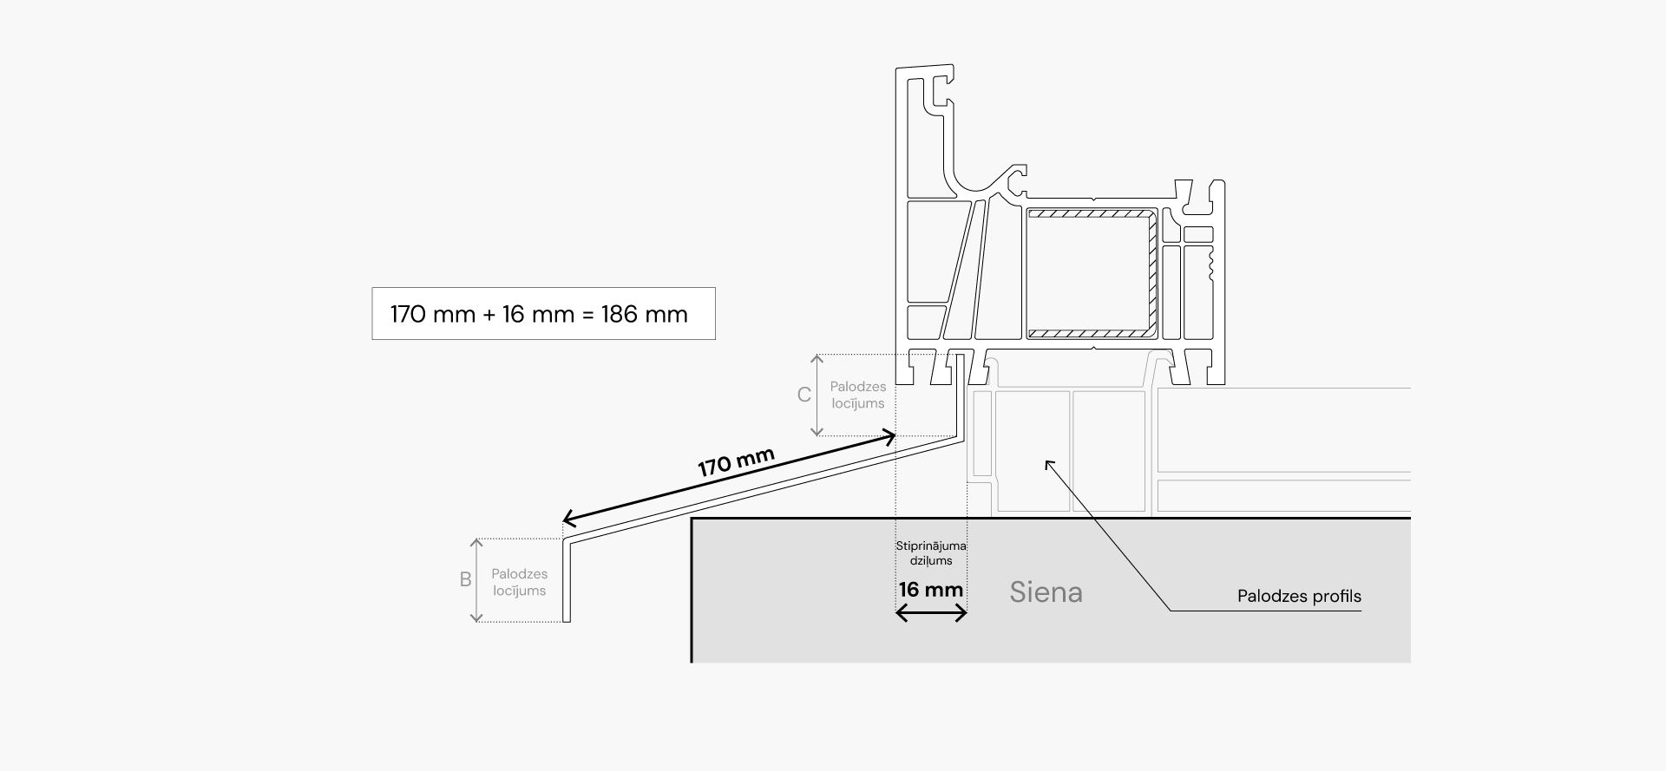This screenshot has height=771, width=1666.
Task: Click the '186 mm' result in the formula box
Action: point(644,314)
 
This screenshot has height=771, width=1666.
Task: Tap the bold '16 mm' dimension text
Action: point(930,590)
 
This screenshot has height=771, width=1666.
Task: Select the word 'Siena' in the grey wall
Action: point(1046,592)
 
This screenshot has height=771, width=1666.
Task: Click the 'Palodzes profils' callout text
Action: point(1299,597)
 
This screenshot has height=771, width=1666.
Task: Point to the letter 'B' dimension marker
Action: point(465,580)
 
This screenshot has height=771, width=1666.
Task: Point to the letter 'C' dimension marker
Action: point(804,395)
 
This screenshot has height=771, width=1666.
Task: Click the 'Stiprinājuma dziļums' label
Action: point(930,553)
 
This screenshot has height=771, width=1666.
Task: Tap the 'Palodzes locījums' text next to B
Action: point(519,582)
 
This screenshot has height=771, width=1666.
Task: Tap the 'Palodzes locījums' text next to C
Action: point(857,395)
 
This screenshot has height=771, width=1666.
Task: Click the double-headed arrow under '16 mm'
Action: point(930,614)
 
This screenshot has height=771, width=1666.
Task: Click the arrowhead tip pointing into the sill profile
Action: point(1046,462)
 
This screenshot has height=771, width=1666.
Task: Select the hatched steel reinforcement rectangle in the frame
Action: point(1092,272)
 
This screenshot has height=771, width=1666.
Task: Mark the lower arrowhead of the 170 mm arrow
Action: point(567,520)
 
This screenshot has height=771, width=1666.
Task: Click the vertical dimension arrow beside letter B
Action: point(476,580)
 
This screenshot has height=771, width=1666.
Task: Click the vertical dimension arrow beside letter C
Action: point(817,395)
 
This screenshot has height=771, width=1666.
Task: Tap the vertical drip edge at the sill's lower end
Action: point(567,581)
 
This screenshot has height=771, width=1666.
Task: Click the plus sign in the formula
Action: point(489,314)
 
